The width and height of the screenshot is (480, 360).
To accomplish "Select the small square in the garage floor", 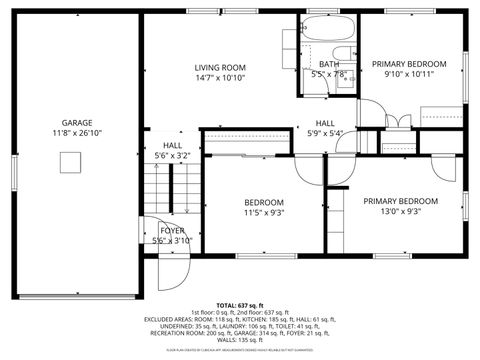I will click(x=69, y=162).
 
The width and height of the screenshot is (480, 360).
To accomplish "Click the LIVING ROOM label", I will click(x=219, y=67).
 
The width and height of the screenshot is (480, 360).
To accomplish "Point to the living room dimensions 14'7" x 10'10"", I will click(x=219, y=78).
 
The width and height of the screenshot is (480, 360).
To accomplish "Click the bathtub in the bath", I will click(x=327, y=31).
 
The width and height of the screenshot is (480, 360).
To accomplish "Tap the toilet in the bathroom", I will click(x=344, y=56).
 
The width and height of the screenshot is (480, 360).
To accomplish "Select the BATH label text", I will click(x=329, y=64).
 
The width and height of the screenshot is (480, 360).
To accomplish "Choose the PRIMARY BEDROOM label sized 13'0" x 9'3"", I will click(x=400, y=200).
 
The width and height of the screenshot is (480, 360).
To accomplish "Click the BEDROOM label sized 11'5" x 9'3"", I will click(x=263, y=201).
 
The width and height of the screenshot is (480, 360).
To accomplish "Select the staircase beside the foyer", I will click(x=161, y=188).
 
